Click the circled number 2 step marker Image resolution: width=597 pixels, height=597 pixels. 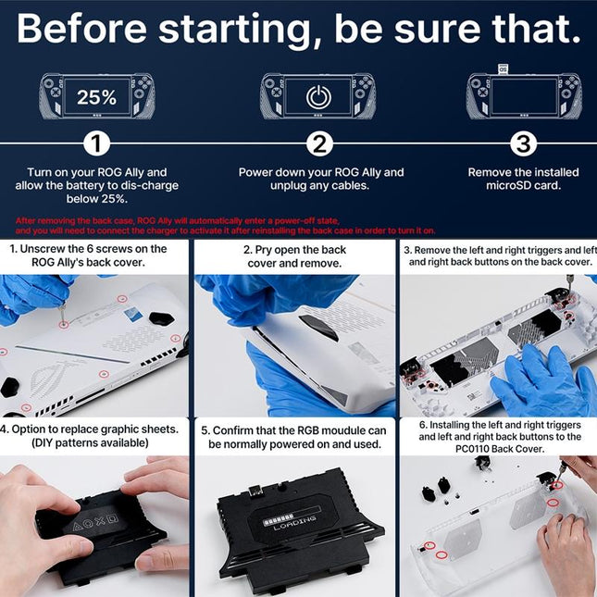320,144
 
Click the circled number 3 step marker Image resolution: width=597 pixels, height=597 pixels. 523,144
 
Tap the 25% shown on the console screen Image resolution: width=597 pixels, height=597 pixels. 96,96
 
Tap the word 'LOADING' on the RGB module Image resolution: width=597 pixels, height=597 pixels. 295,521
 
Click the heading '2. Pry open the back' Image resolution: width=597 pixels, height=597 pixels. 297,250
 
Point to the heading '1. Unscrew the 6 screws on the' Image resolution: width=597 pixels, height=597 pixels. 89,249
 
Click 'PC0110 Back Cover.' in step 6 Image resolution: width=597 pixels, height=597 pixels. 501,449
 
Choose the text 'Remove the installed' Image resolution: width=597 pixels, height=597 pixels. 523,172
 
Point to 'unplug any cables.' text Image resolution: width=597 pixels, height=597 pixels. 320,186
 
